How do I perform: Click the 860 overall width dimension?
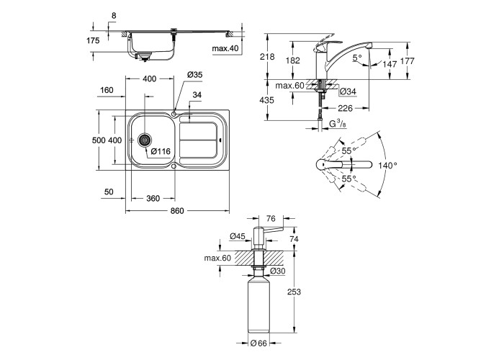click(x=177, y=210)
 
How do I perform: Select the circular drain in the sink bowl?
click(x=144, y=141)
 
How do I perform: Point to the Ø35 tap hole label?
click(x=194, y=76)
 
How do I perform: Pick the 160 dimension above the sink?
click(x=107, y=91)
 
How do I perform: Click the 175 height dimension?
click(x=92, y=41)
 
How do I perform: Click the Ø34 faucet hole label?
click(x=348, y=91)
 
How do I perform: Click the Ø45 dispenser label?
click(x=238, y=235)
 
